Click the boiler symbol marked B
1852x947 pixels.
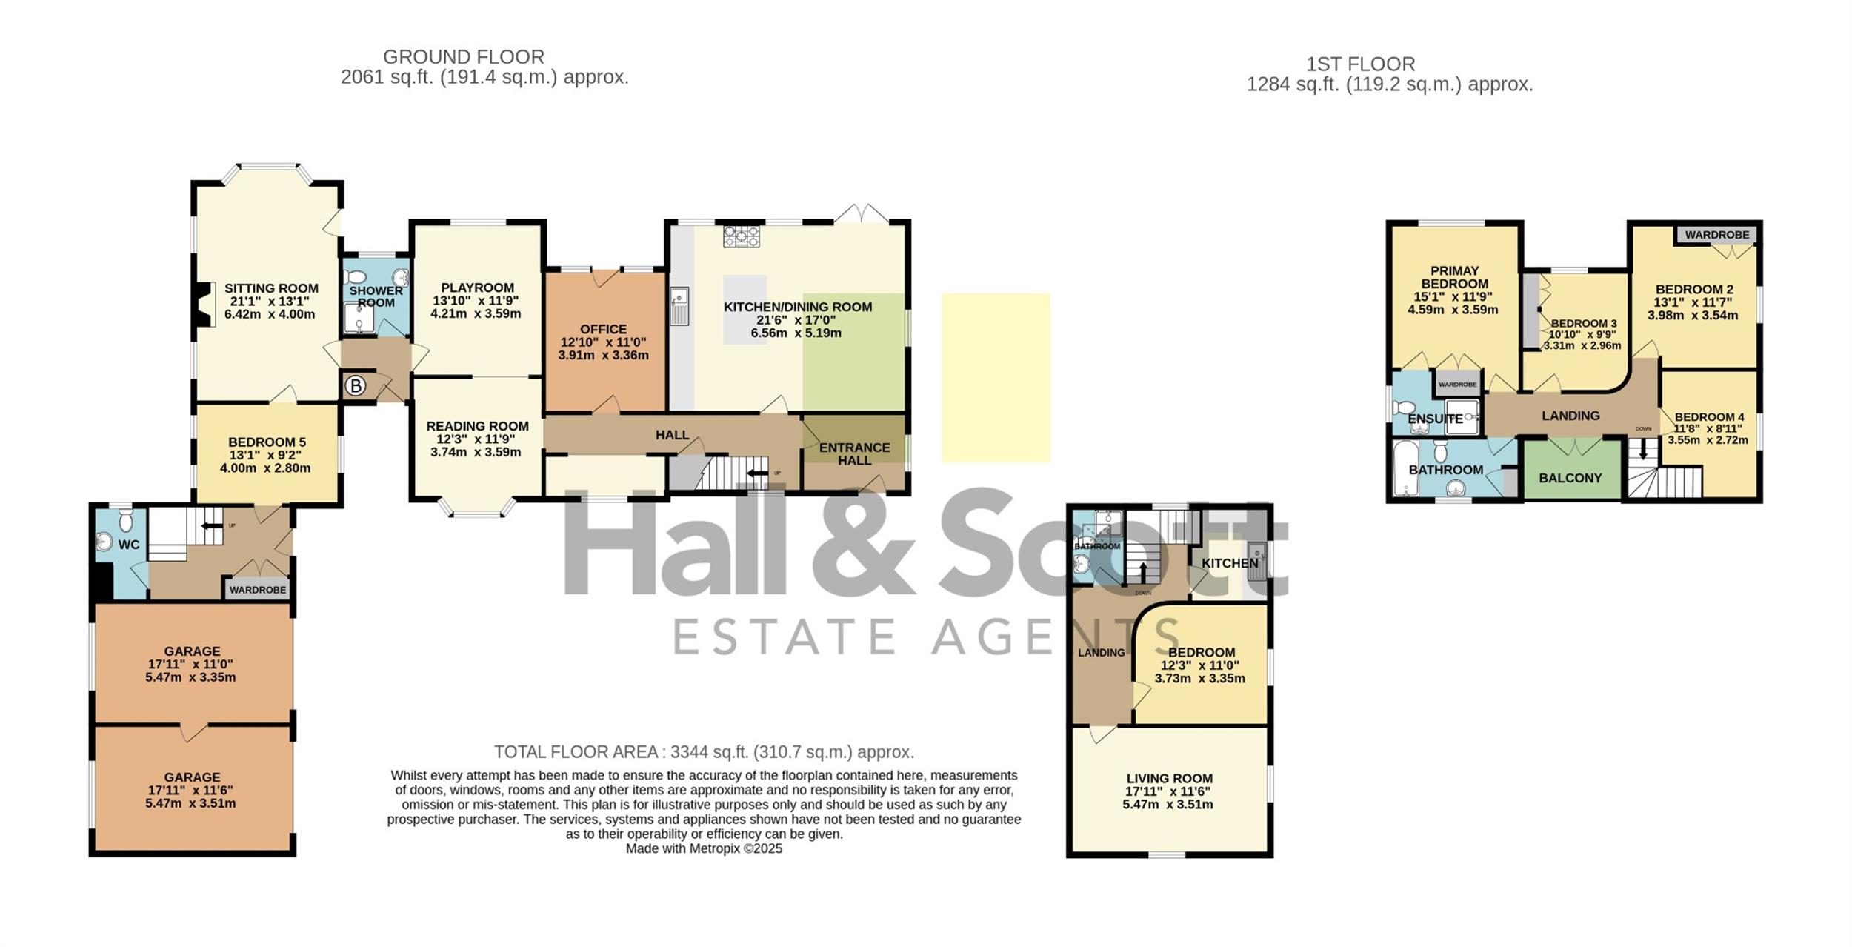pyautogui.click(x=356, y=386)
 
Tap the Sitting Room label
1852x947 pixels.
pyautogui.click(x=271, y=288)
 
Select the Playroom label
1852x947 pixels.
pyautogui.click(x=477, y=288)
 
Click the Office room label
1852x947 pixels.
pyautogui.click(x=603, y=329)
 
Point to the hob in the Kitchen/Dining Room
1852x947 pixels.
pyautogui.click(x=742, y=236)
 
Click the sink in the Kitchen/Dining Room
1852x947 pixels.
pyautogui.click(x=679, y=306)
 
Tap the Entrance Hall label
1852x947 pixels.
pyautogui.click(x=854, y=453)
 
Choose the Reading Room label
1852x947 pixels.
pyautogui.click(x=477, y=426)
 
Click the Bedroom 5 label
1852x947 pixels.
pyautogui.click(x=267, y=442)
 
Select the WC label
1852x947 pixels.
pyautogui.click(x=129, y=545)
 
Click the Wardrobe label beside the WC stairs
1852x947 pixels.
pyautogui.click(x=258, y=590)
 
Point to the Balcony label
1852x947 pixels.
pyautogui.click(x=1570, y=478)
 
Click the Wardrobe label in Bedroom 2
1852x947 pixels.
pyautogui.click(x=1716, y=235)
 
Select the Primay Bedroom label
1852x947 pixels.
pyautogui.click(x=1454, y=277)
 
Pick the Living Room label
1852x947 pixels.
pyautogui.click(x=1169, y=779)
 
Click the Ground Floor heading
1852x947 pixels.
pyautogui.click(x=464, y=57)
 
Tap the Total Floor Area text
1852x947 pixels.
pyautogui.click(x=704, y=752)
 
